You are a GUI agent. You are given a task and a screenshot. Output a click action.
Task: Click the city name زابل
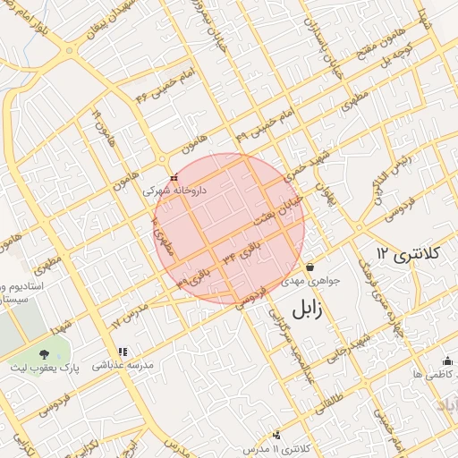[312, 310]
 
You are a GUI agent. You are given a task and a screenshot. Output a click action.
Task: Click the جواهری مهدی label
[310, 281]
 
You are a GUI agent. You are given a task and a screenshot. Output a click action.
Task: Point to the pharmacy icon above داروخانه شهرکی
[174, 177]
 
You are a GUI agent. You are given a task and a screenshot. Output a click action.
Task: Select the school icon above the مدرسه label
[123, 352]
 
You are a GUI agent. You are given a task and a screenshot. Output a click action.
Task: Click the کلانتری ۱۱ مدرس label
[276, 446]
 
